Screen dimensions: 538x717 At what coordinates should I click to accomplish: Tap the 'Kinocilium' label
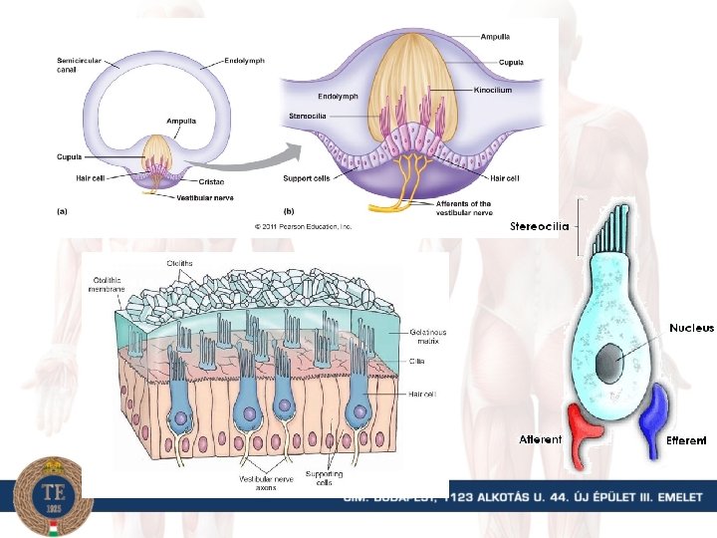[493, 90]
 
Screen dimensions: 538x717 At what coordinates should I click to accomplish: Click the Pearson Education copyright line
[304, 226]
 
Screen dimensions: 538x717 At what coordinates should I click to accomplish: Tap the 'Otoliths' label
[180, 263]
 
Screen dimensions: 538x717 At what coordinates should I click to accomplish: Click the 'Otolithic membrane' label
[108, 285]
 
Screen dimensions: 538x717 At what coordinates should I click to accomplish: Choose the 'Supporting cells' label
[324, 478]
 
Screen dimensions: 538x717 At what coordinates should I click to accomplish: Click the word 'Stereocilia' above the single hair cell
[539, 226]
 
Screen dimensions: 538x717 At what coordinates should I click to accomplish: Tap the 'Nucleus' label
[691, 328]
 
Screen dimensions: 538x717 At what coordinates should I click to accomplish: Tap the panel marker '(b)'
[289, 210]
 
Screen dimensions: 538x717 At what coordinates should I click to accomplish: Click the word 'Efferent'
[686, 439]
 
